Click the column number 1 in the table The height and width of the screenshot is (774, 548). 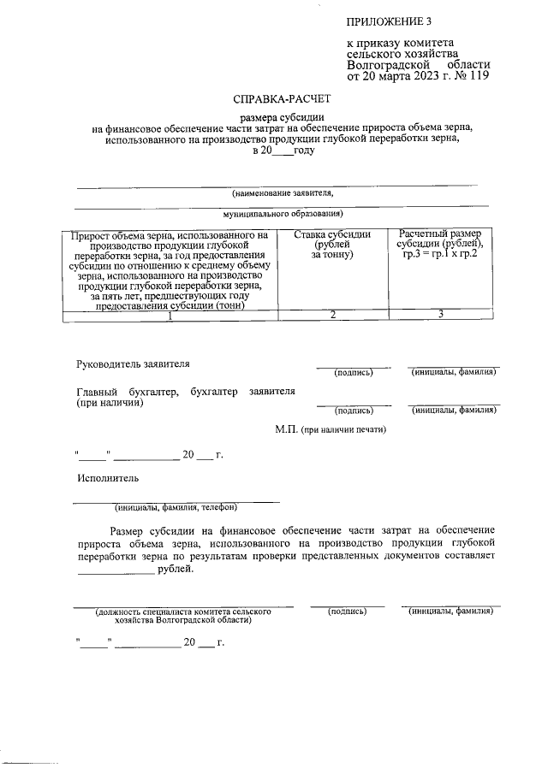click(170, 316)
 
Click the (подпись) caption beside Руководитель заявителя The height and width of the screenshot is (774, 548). click(353, 372)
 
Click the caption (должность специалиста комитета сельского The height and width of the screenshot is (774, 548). click(183, 612)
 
